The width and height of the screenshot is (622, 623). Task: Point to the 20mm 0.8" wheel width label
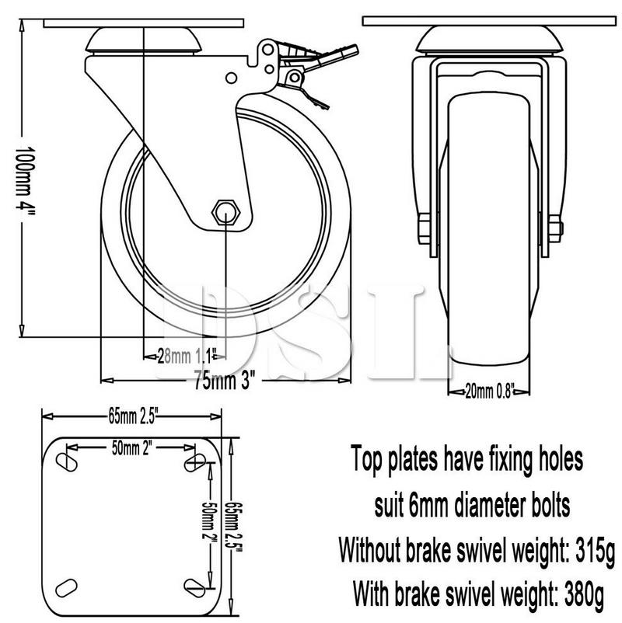tap(489, 391)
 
